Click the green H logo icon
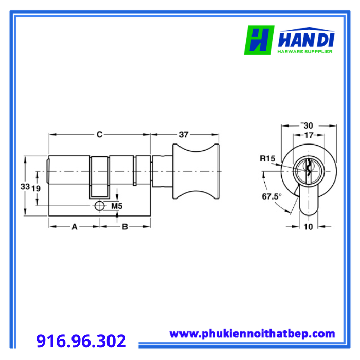[x=259, y=40]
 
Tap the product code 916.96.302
[x=81, y=340]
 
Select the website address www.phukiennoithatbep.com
[x=252, y=334]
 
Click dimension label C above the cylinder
[x=99, y=134]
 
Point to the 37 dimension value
[x=184, y=135]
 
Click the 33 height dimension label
[x=25, y=186]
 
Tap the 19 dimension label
[x=36, y=189]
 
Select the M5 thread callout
[x=117, y=206]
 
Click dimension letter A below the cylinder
[x=75, y=227]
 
